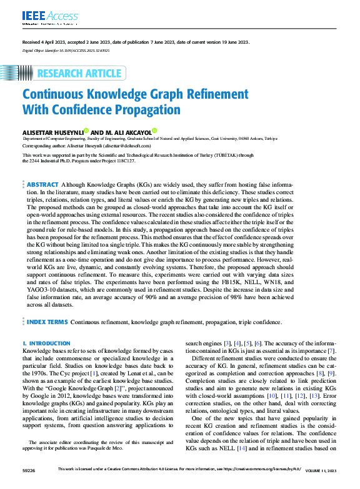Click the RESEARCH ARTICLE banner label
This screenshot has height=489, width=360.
[x=79, y=73]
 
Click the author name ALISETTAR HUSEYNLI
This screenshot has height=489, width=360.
[x=52, y=132]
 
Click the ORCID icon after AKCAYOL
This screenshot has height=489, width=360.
[x=154, y=132]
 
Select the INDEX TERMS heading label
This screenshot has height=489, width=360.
[x=47, y=322]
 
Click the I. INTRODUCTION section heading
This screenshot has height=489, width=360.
[x=46, y=343]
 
